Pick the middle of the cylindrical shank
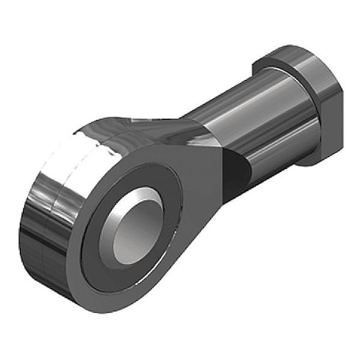240,120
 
